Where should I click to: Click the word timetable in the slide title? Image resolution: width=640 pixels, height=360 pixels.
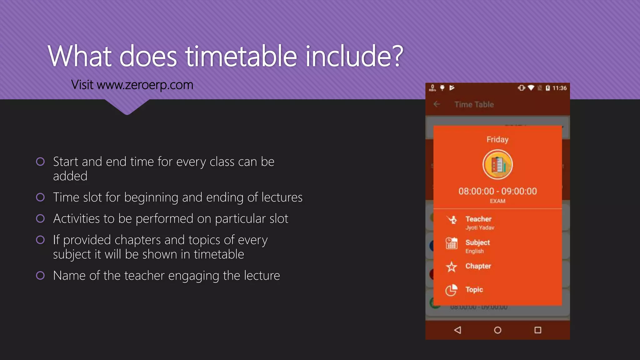click(241, 56)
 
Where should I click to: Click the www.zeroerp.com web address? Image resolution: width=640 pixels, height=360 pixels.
click(145, 85)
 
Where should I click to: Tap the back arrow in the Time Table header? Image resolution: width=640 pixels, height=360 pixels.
click(437, 104)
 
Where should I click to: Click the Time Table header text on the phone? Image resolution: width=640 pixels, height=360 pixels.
click(474, 105)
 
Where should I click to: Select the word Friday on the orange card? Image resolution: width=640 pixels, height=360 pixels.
click(497, 139)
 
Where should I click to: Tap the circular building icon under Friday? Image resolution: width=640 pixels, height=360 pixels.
click(497, 165)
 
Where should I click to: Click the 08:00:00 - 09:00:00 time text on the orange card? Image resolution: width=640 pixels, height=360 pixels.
click(497, 191)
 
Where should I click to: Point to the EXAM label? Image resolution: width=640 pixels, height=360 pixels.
click(497, 201)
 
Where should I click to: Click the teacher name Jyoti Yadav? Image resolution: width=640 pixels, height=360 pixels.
click(480, 228)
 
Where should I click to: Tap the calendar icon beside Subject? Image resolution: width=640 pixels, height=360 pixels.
click(451, 243)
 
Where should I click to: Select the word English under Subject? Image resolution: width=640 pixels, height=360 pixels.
click(474, 251)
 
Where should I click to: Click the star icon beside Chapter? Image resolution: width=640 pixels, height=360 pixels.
click(451, 267)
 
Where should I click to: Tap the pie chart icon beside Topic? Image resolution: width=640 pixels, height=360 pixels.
click(451, 290)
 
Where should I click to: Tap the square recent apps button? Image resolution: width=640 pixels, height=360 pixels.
click(537, 330)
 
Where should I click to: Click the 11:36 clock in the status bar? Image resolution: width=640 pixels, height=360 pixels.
click(559, 88)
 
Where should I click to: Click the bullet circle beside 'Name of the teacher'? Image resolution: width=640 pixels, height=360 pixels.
click(40, 276)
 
